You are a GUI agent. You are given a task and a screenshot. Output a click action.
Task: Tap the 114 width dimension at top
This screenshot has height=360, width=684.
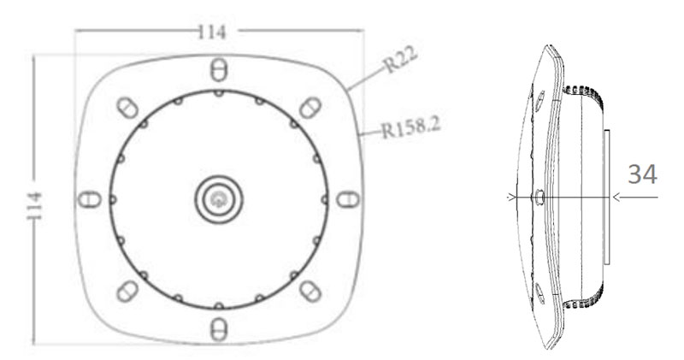[211, 32]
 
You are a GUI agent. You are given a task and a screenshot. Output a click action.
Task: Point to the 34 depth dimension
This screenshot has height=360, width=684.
[642, 174]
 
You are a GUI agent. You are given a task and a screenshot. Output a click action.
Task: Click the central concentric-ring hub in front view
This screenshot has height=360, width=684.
[218, 199]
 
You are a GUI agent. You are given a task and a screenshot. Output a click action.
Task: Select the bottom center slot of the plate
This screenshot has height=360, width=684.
[218, 328]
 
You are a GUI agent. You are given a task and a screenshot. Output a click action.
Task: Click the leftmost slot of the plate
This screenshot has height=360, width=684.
[87, 199]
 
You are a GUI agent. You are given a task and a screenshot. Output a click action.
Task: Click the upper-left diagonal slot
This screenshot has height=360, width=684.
[126, 106]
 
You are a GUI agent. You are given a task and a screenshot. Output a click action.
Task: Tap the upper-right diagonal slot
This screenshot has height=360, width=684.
[311, 106]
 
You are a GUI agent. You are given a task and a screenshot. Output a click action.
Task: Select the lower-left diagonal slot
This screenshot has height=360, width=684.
[126, 291]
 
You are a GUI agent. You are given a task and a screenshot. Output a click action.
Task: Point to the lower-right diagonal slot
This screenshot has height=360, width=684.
[311, 291]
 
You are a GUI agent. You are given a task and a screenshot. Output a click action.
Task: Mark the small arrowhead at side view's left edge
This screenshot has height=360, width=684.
[511, 198]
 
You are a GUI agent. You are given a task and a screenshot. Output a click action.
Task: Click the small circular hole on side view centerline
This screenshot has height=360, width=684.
[540, 198]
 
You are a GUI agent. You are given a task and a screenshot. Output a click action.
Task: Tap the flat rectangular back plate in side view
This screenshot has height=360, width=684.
[604, 196]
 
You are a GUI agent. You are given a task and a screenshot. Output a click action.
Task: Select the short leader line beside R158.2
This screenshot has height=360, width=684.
[370, 133]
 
